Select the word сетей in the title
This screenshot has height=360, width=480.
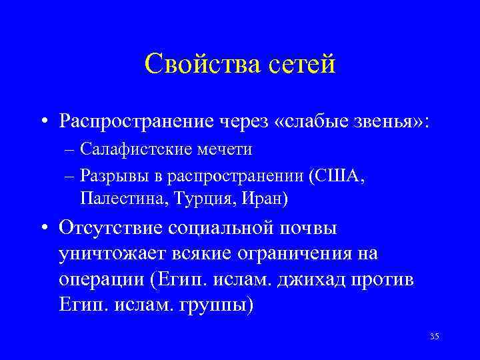click(x=300, y=65)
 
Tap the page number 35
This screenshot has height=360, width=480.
click(x=434, y=335)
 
